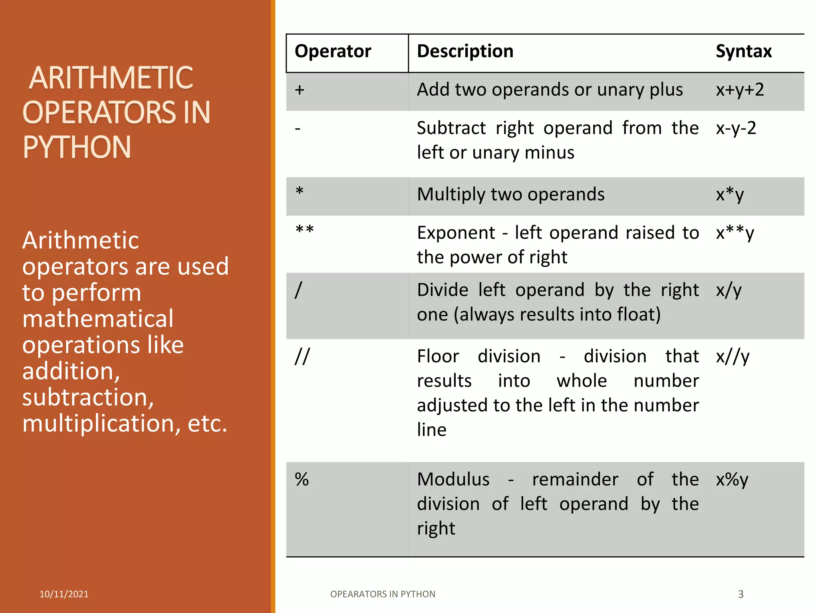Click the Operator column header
pyautogui.click(x=333, y=51)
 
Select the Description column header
pyautogui.click(x=465, y=51)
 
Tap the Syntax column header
pyautogui.click(x=743, y=51)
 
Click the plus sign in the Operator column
pyautogui.click(x=300, y=90)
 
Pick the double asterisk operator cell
pyautogui.click(x=304, y=231)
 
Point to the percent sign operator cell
pyautogui.click(x=302, y=479)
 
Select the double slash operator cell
pyautogui.click(x=302, y=356)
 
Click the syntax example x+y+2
pyautogui.click(x=740, y=90)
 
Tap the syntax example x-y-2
pyautogui.click(x=736, y=129)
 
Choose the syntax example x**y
pyautogui.click(x=735, y=233)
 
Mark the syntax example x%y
pyautogui.click(x=732, y=480)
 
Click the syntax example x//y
pyautogui.click(x=733, y=356)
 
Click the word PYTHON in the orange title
pyautogui.click(x=77, y=147)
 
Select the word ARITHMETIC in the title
pyautogui.click(x=111, y=78)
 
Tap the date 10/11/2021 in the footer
pyautogui.click(x=64, y=594)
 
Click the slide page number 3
pyautogui.click(x=741, y=594)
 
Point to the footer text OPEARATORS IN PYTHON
pyautogui.click(x=383, y=594)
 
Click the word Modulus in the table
pyautogui.click(x=453, y=479)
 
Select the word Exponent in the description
pyautogui.click(x=456, y=233)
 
